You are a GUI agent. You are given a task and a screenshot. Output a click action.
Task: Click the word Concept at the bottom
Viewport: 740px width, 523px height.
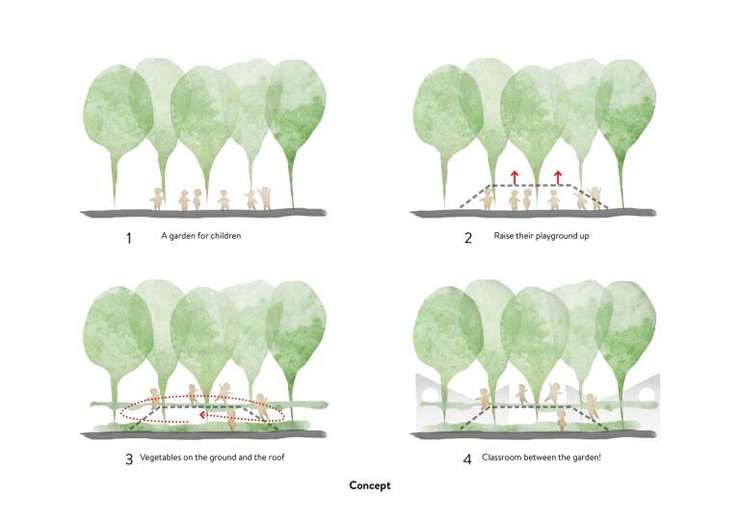tap(370, 485)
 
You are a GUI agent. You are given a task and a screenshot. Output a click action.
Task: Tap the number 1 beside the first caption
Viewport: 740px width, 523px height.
tap(128, 238)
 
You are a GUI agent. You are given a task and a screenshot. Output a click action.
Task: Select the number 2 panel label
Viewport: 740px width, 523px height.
tap(468, 238)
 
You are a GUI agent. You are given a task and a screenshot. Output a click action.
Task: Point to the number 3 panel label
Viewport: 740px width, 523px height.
tap(128, 459)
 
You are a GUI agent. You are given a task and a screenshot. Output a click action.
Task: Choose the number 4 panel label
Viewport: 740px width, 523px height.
tap(468, 459)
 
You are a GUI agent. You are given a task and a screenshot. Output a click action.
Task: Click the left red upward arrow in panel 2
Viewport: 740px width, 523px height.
tap(515, 176)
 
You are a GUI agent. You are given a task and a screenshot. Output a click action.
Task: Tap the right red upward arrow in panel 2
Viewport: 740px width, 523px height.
tap(558, 176)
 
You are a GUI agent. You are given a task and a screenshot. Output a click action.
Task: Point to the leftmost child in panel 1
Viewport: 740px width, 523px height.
tap(158, 199)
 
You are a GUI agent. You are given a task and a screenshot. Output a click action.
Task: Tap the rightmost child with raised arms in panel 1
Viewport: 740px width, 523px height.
tap(265, 197)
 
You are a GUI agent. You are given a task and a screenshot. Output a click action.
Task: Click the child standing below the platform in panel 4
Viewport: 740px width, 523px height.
tap(564, 418)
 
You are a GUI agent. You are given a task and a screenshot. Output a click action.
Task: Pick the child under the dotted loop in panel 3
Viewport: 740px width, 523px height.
tap(232, 420)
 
